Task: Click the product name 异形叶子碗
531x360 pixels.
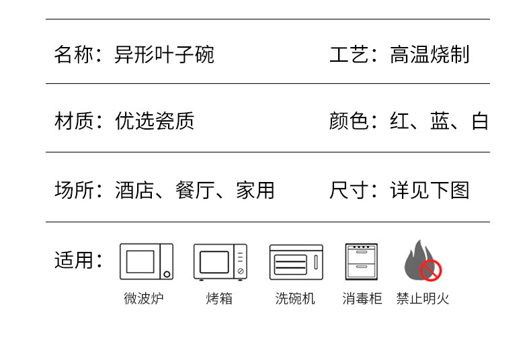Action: pos(164,54)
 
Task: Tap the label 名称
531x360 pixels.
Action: pos(74,54)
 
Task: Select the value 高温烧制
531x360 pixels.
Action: pos(430,54)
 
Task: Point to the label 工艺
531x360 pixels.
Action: pos(350,54)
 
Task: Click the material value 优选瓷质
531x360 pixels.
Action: pos(155,122)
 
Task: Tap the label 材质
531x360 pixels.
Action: pos(74,122)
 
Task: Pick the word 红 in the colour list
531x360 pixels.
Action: pos(400,122)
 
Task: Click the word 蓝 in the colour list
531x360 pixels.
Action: pos(440,122)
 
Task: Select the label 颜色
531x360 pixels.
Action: pos(350,122)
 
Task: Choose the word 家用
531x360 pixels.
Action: pos(255,191)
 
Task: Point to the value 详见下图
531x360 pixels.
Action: pos(430,191)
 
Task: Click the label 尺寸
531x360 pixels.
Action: pos(350,191)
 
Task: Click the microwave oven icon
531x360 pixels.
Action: pos(146,261)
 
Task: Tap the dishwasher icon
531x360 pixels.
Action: pos(296,261)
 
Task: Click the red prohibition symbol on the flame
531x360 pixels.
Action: pos(431,271)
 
